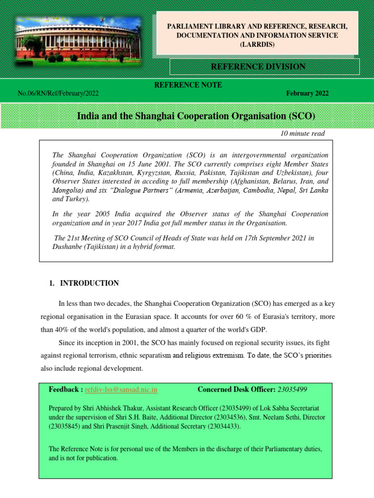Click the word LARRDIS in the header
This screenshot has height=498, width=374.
(x=257, y=45)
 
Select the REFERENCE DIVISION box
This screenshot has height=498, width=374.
(x=264, y=67)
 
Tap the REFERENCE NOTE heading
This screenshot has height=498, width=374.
(x=188, y=85)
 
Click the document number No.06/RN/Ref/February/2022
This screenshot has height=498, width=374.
(x=61, y=93)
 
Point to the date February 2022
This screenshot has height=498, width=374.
(x=307, y=93)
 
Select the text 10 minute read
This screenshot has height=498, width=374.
(x=302, y=134)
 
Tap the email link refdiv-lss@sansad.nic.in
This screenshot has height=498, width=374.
(x=121, y=390)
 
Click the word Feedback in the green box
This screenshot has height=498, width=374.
(x=66, y=390)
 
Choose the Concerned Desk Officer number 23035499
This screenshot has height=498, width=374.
(x=292, y=390)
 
